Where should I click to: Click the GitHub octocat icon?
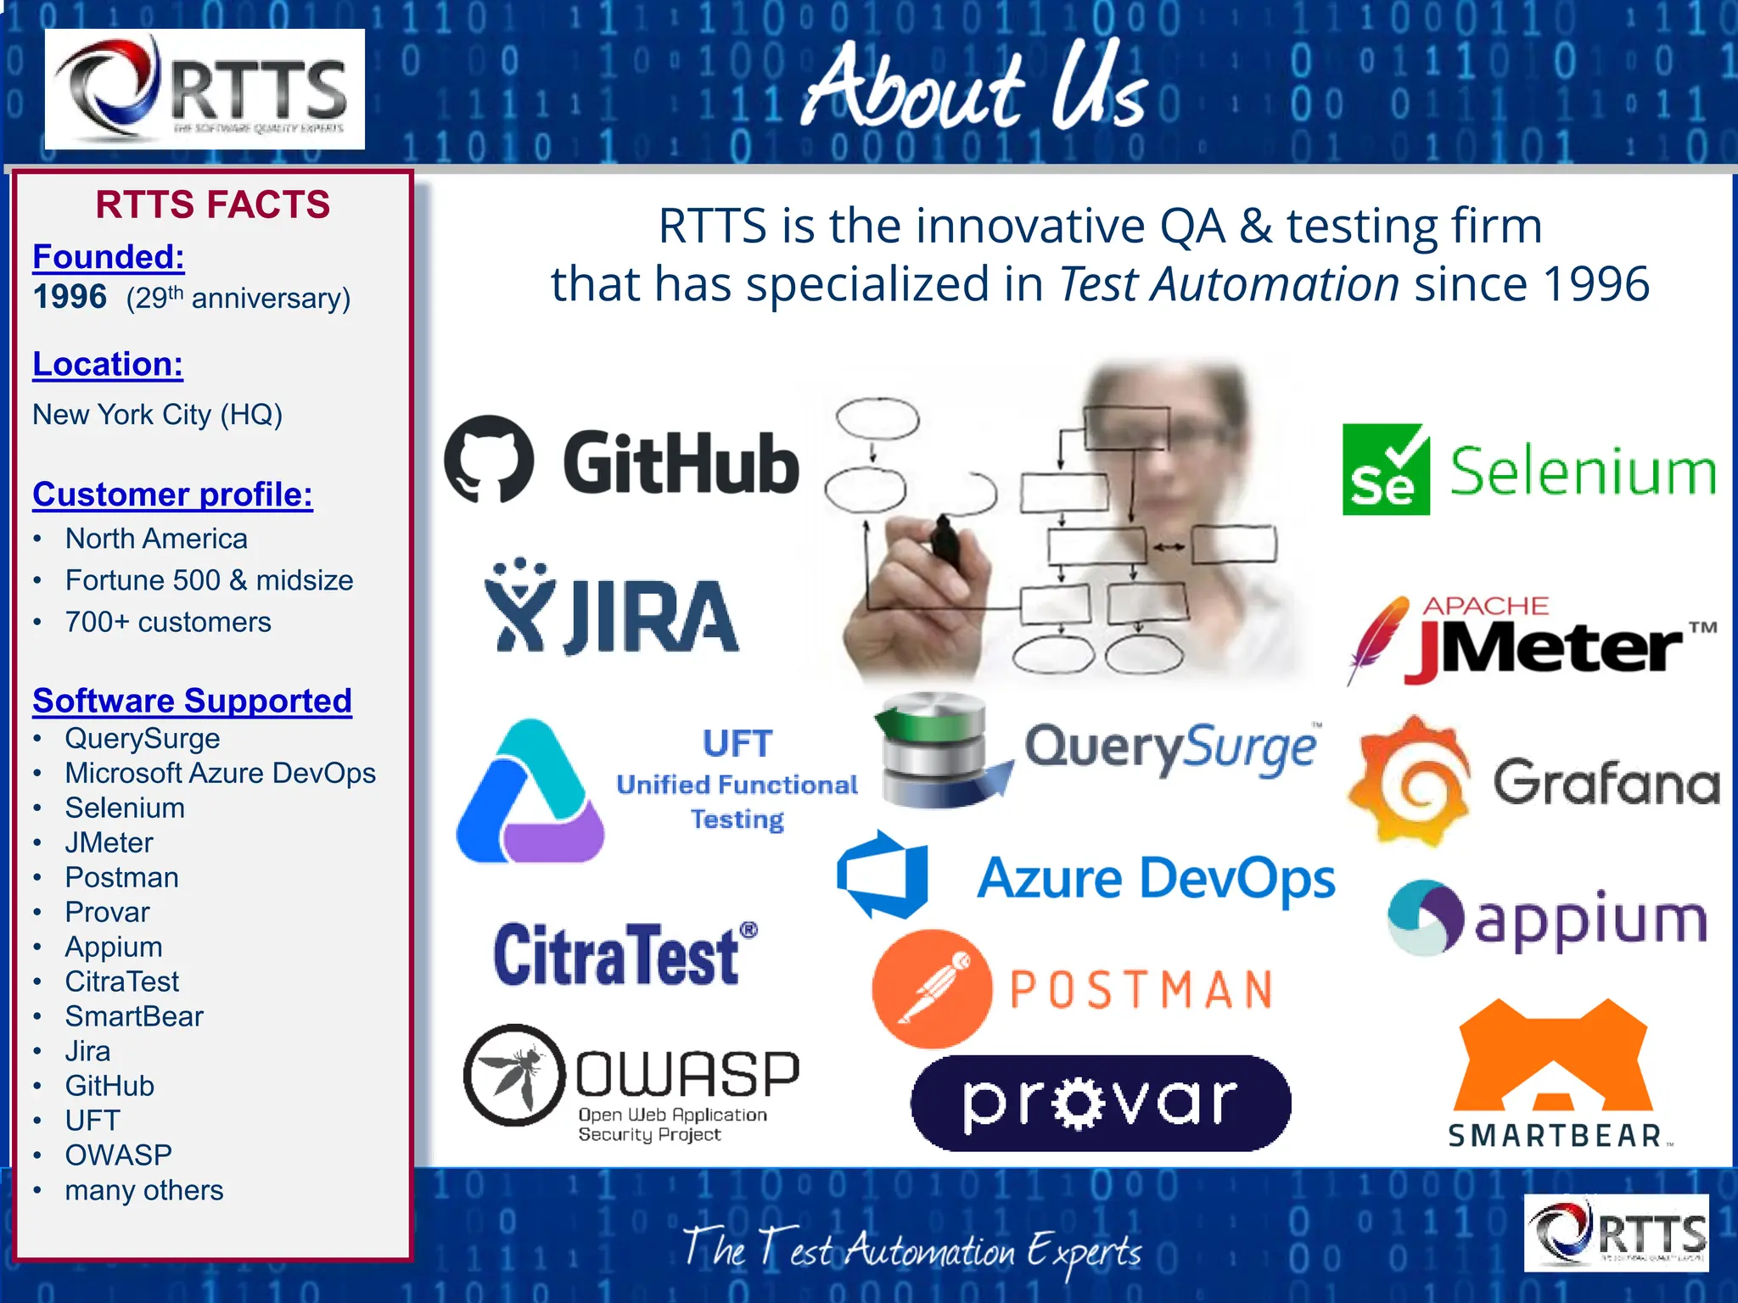[489, 459]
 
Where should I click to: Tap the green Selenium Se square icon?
[1385, 470]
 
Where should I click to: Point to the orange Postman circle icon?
[932, 988]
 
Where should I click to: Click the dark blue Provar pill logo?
[1101, 1103]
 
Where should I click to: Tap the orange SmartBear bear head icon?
[1553, 1056]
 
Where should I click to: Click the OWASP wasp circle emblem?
[514, 1075]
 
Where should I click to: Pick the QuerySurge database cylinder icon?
[933, 747]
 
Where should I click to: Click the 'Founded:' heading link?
[109, 256]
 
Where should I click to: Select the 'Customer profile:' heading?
[172, 494]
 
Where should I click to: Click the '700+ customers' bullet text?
[168, 622]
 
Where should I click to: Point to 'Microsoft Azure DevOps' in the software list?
[220, 773]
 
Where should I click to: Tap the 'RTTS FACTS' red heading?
[212, 204]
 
